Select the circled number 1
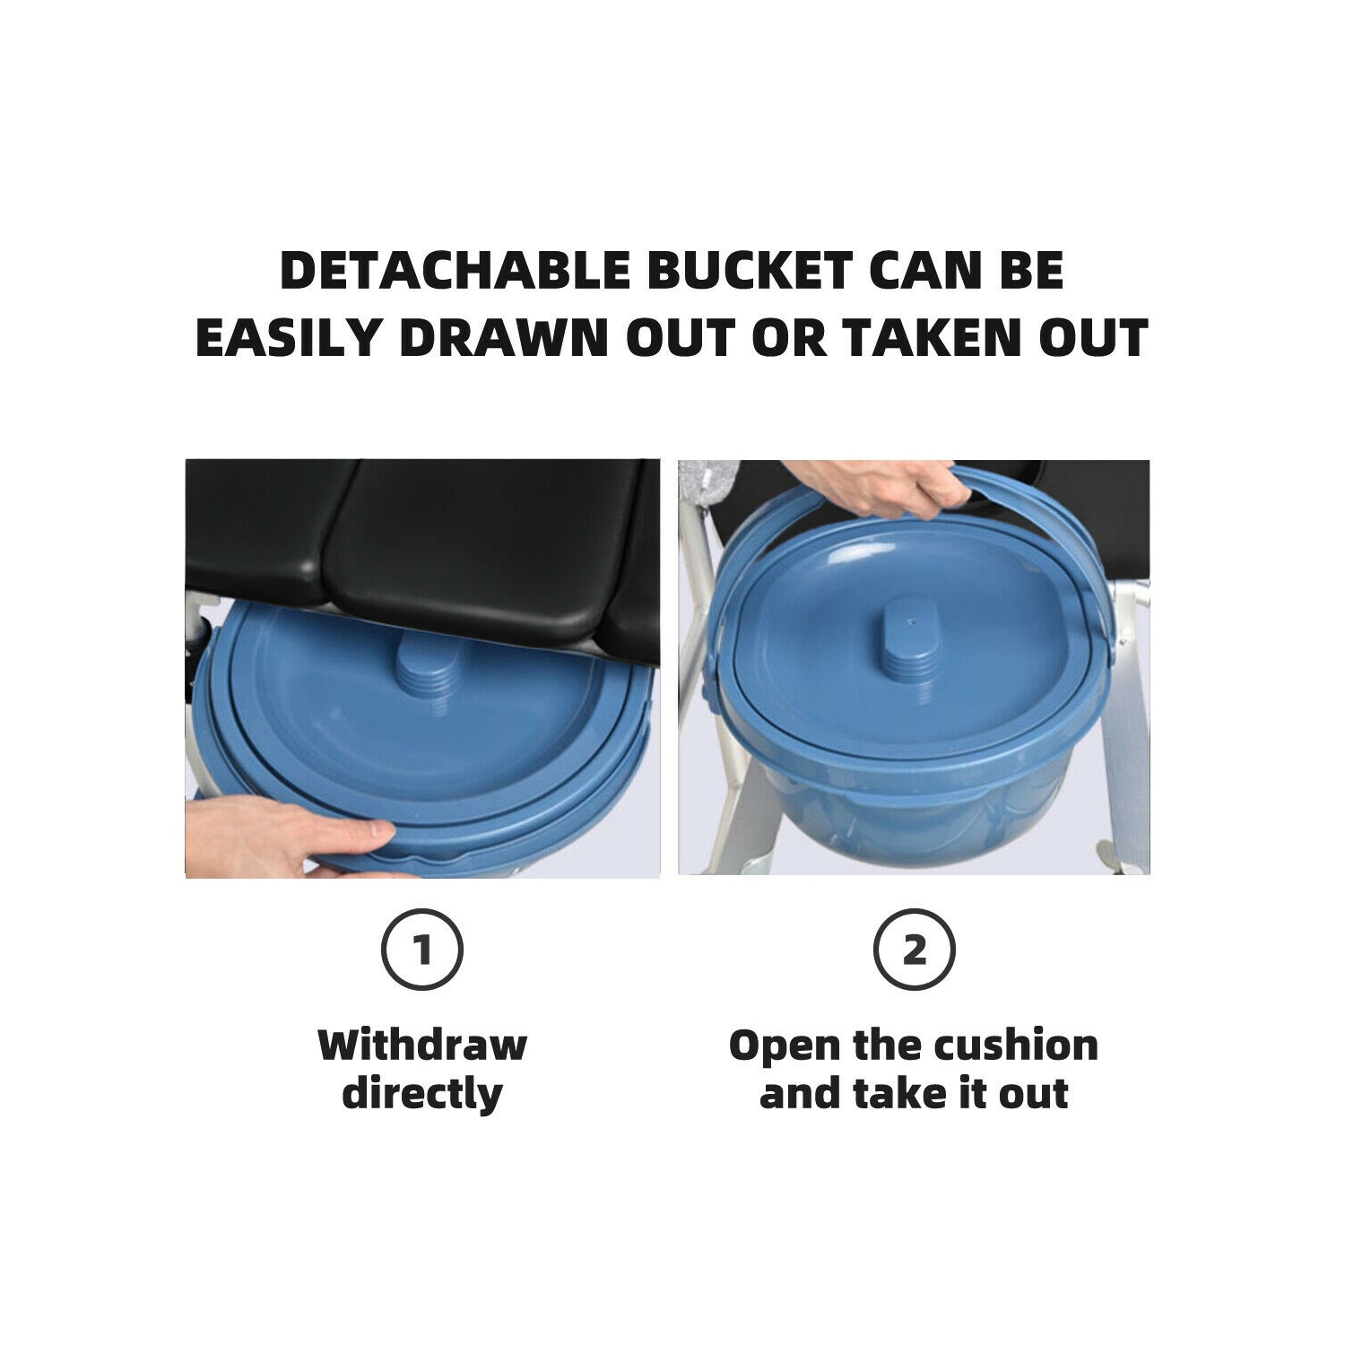[x=422, y=950]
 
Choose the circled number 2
[x=914, y=950]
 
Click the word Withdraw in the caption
[x=422, y=1046]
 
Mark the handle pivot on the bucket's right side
[x=1110, y=642]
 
